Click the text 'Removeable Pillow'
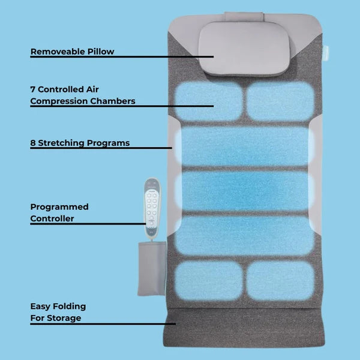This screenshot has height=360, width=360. point(72,52)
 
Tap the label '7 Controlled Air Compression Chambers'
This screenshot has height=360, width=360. point(82,95)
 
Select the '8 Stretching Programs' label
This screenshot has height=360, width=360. point(80,143)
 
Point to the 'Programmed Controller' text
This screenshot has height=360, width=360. point(59,212)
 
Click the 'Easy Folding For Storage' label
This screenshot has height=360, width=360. point(58,312)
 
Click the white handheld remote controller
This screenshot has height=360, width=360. point(152,202)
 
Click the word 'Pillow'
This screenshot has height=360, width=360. point(98,52)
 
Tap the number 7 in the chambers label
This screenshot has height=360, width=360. point(33,89)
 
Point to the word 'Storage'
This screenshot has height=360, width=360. point(65,318)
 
